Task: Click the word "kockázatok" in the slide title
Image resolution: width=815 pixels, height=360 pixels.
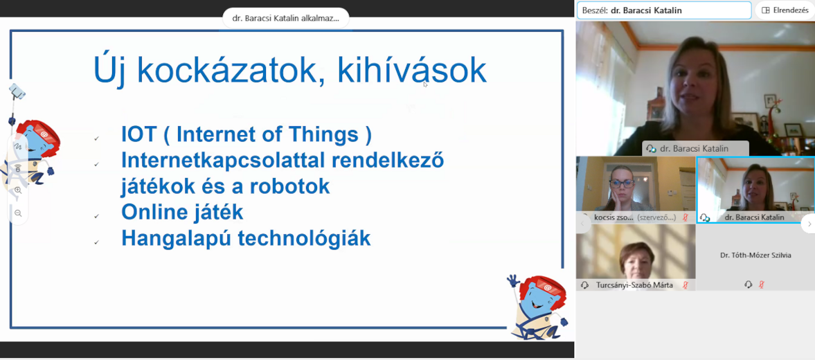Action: click(x=231, y=71)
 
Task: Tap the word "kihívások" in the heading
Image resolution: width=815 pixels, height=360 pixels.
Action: click(x=412, y=71)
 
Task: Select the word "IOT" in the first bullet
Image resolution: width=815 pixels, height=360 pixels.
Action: click(x=138, y=134)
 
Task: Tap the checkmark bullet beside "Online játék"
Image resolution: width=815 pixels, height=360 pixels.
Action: click(x=96, y=215)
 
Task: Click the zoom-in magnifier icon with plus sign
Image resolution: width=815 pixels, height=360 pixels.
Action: click(x=18, y=190)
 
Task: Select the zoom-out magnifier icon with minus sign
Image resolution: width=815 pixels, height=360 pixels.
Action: click(x=18, y=213)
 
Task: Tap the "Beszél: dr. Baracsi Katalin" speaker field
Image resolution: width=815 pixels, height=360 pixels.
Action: click(x=664, y=10)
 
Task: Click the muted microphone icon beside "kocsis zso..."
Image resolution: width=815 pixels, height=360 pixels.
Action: click(x=686, y=217)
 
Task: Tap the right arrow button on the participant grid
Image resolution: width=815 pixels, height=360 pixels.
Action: click(x=808, y=224)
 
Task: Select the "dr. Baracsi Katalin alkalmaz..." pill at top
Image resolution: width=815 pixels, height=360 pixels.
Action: click(x=286, y=18)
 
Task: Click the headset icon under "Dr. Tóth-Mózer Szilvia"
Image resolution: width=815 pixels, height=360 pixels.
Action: click(x=748, y=284)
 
